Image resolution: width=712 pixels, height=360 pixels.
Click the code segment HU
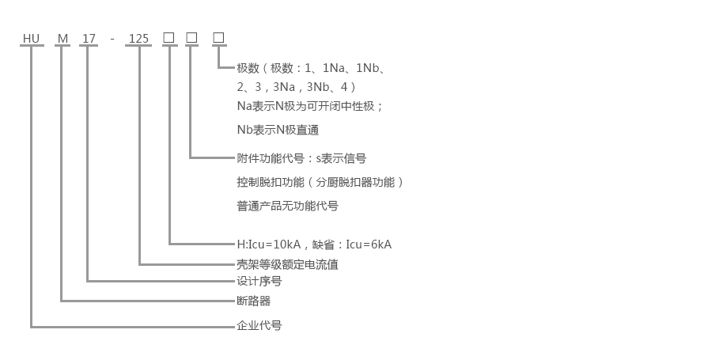click(31, 37)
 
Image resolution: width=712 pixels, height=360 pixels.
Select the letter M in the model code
click(62, 37)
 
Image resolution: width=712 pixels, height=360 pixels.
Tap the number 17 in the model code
click(88, 37)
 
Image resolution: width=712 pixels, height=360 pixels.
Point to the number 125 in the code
click(138, 37)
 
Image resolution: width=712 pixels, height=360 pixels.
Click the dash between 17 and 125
click(112, 37)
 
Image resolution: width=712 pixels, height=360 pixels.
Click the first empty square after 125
click(169, 37)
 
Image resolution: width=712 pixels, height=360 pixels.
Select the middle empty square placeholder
click(191, 37)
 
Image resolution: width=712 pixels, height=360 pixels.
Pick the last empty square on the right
click(218, 37)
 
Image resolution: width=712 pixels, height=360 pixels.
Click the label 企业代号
click(259, 325)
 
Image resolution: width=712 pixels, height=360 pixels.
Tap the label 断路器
click(253, 301)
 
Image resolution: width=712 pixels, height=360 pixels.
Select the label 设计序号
click(259, 281)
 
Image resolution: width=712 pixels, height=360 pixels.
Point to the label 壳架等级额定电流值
click(287, 264)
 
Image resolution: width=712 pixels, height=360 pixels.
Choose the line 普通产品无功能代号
click(287, 206)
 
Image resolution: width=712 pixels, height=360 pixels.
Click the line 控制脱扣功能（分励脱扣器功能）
click(320, 182)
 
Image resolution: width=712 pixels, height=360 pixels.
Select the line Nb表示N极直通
click(278, 130)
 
